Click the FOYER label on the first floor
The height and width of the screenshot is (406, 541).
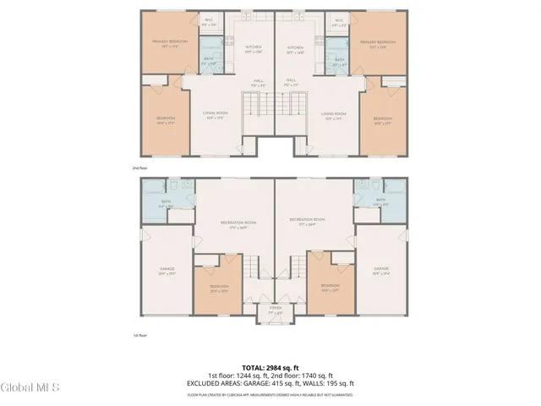pos(275,310)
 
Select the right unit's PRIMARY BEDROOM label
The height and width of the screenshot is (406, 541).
pos(377,43)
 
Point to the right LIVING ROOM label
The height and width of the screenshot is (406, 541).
pos(334,114)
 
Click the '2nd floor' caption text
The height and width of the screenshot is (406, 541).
pos(140,168)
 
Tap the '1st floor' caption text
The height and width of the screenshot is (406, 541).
pos(140,336)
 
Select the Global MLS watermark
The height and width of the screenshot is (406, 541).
pos(30,388)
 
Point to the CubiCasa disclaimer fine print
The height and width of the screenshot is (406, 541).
pos(270,394)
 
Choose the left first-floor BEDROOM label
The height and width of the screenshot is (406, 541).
pos(219,288)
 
